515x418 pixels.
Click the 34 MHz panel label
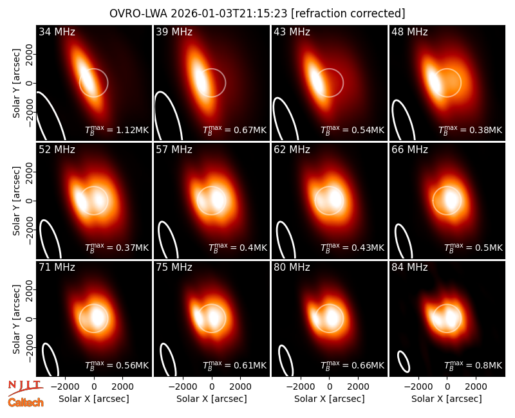point(57,32)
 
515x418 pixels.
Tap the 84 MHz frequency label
point(409,268)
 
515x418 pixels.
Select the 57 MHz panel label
point(174,150)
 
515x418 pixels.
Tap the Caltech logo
point(26,403)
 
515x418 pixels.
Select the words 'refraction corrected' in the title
point(348,14)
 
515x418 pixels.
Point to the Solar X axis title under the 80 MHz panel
point(329,399)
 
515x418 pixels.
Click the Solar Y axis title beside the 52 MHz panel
point(16,201)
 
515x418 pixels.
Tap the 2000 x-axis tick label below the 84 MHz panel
point(476,386)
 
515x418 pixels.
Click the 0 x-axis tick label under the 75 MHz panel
point(212,386)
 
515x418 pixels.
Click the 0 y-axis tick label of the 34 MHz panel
point(30,83)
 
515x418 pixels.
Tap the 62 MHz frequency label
point(292,150)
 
